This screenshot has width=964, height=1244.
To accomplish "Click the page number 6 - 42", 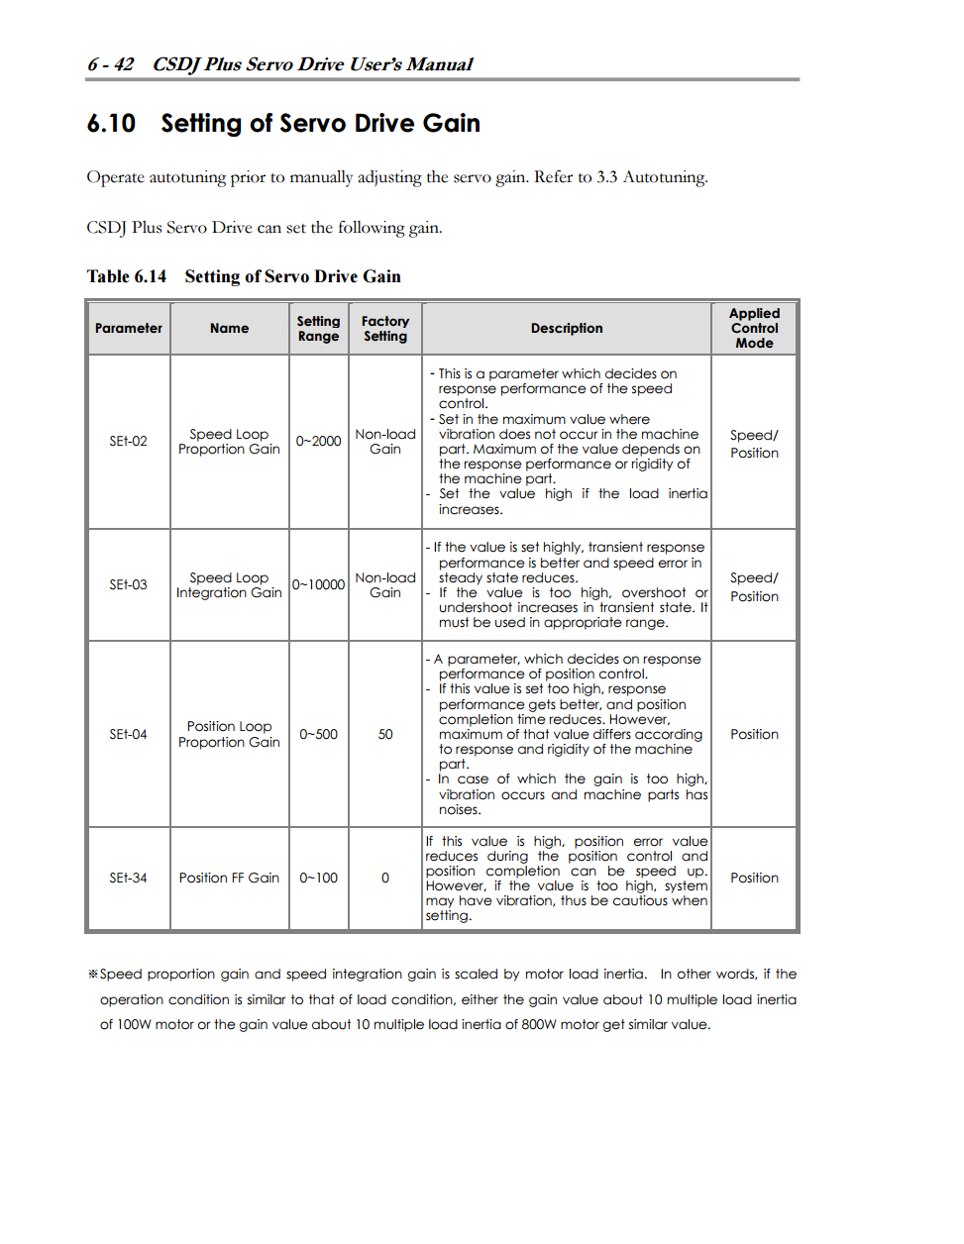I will point(110,64).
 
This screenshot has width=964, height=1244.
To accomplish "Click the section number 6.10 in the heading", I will point(111,124).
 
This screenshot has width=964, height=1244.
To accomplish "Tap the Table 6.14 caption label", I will point(126,276).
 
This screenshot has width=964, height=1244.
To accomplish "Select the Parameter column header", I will point(129,328).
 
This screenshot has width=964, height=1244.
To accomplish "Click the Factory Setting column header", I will point(385,328).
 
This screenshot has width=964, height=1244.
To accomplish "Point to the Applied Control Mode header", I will point(755,328).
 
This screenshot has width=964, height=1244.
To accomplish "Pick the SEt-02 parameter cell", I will point(129,441).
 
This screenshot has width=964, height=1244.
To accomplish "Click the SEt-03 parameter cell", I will point(129,584).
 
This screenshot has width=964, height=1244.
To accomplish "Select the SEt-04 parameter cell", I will point(129,734).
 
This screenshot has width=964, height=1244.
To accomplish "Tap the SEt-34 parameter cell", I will point(129,878).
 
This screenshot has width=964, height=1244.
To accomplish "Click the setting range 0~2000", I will point(318,441).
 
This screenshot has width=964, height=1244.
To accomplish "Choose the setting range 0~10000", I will point(318,584).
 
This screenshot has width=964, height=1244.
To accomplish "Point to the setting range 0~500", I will point(318,734).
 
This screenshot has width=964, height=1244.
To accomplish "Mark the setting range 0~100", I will point(318,878).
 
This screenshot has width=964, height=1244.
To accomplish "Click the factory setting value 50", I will point(385,734).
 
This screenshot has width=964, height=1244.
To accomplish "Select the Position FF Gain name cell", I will point(229,878).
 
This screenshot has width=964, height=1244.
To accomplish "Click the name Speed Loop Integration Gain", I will point(229,584).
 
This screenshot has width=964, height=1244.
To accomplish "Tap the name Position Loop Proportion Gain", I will point(229,734).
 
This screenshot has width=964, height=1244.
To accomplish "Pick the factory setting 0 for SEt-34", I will point(385,878).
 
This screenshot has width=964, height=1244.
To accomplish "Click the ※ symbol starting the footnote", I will point(93,974).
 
